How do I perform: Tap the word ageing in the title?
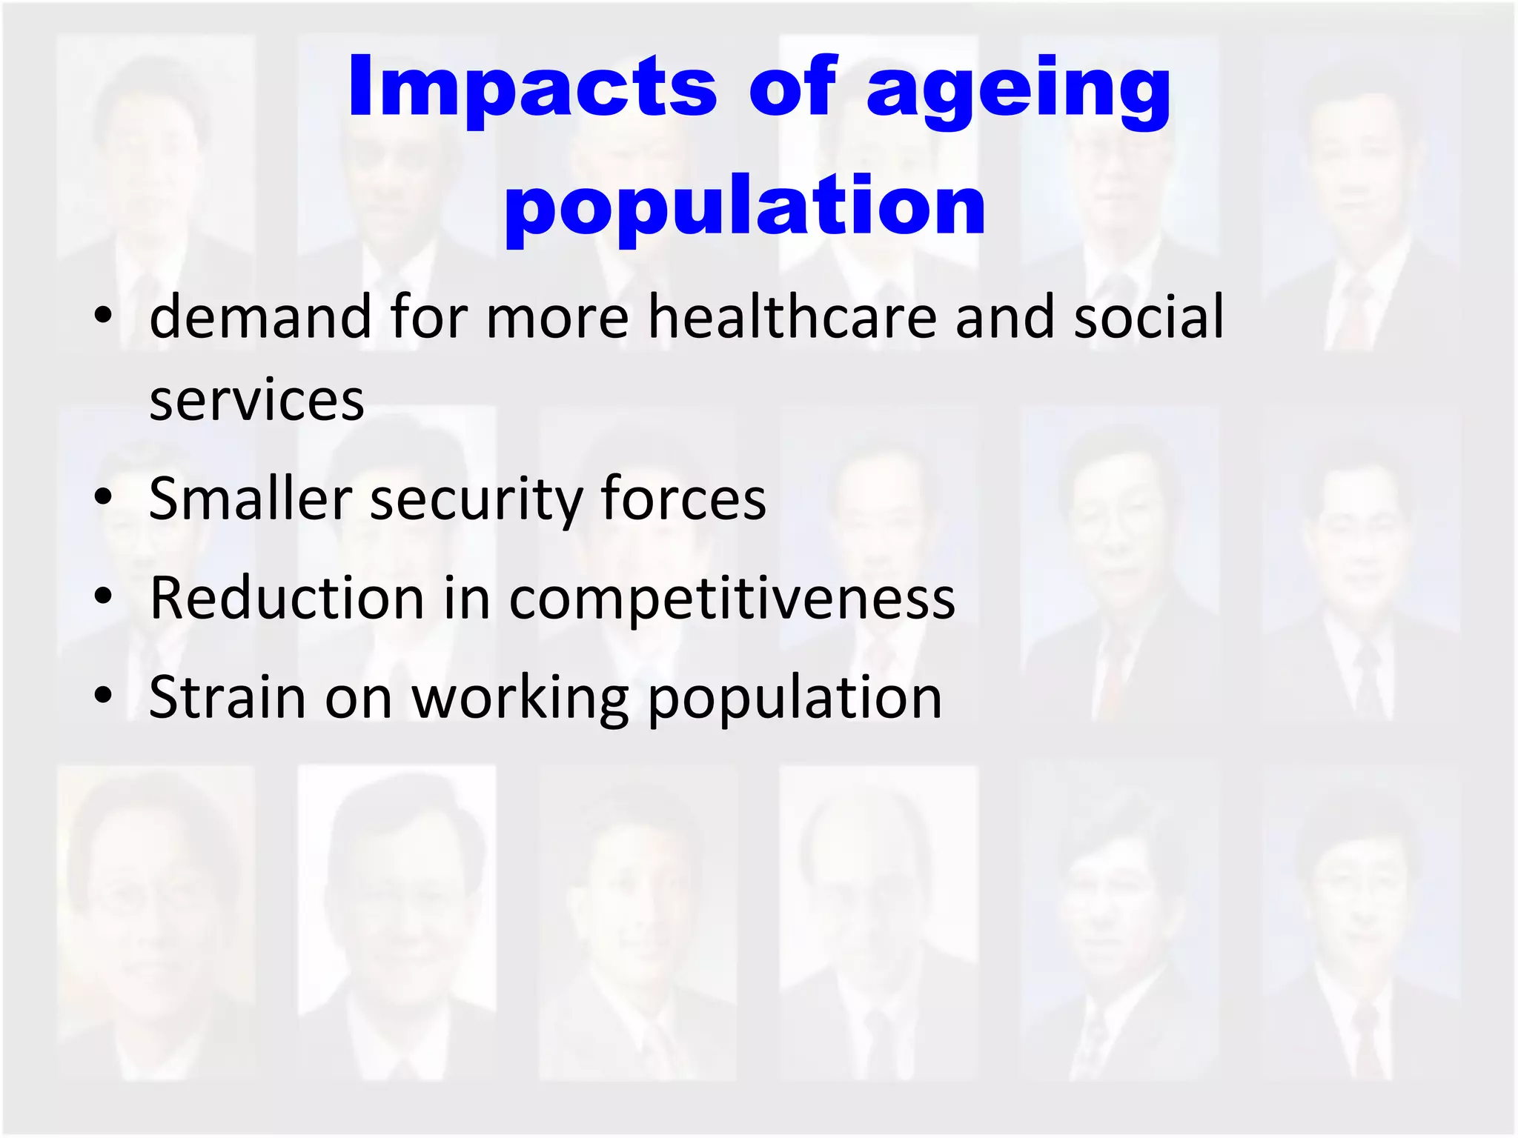coord(1018,93)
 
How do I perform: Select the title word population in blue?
coord(745,207)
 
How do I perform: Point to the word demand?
coord(260,317)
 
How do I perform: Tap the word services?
coord(256,401)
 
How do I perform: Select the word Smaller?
coord(251,499)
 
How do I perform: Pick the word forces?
coord(683,499)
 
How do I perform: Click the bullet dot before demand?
coord(103,316)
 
